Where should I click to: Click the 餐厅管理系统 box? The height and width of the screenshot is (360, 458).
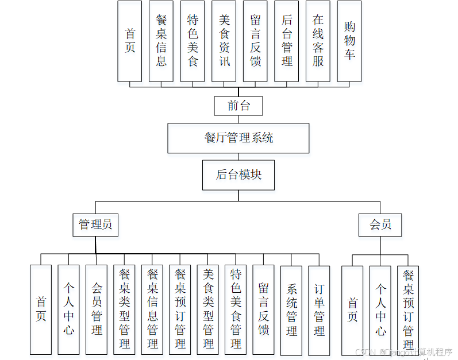pos(238,138)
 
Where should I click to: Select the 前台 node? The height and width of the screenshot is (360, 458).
pos(238,106)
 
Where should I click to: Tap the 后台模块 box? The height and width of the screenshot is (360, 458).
pos(238,175)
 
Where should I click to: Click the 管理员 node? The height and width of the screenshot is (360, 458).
pos(95,224)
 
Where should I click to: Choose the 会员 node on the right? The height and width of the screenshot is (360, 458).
pos(380,224)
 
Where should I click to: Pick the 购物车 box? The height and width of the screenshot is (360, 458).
pos(349,41)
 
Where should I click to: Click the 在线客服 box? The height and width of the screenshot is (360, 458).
pos(318,41)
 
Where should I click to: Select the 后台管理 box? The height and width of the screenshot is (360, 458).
pos(287,41)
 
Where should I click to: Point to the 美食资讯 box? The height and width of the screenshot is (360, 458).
pos(224,41)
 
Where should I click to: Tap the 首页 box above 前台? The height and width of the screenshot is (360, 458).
pos(130,41)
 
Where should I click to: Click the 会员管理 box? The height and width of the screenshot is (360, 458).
pos(97,309)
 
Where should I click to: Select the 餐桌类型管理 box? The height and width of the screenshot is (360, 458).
pos(124,309)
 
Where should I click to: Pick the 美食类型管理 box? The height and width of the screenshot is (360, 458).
pos(208,309)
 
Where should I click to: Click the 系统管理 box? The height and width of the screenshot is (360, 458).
pos(291,309)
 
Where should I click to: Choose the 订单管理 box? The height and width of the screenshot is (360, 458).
pos(319,309)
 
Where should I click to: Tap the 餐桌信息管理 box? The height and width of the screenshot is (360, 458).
pos(152,309)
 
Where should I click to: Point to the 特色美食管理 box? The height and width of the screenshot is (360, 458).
pos(236,309)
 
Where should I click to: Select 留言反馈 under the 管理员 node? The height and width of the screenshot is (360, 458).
pos(263,309)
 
